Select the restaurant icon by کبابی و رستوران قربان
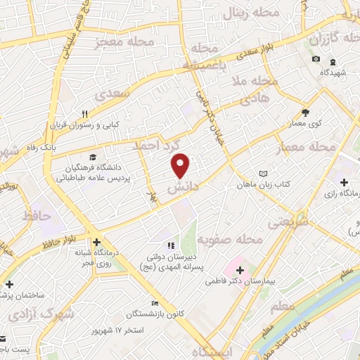tap(84, 113)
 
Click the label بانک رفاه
tap(58, 148)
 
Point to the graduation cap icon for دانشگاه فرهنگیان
tap(92, 157)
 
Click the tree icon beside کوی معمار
tap(305, 112)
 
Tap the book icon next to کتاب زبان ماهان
tap(263, 174)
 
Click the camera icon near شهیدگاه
tap(316, 58)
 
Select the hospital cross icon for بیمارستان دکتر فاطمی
tap(239, 269)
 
